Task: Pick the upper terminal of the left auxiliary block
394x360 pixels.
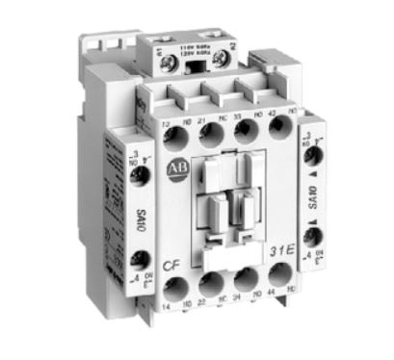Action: (x=137, y=173)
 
